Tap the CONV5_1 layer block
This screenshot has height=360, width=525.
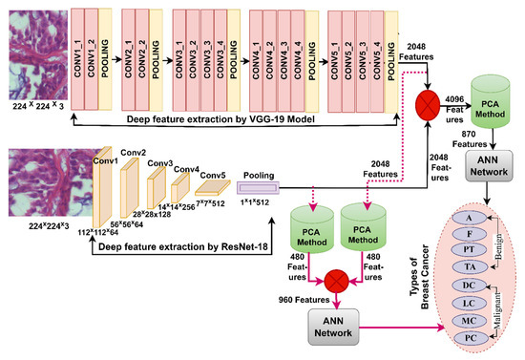334,47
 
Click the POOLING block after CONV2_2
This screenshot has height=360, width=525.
155,47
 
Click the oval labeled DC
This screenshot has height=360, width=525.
469,286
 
